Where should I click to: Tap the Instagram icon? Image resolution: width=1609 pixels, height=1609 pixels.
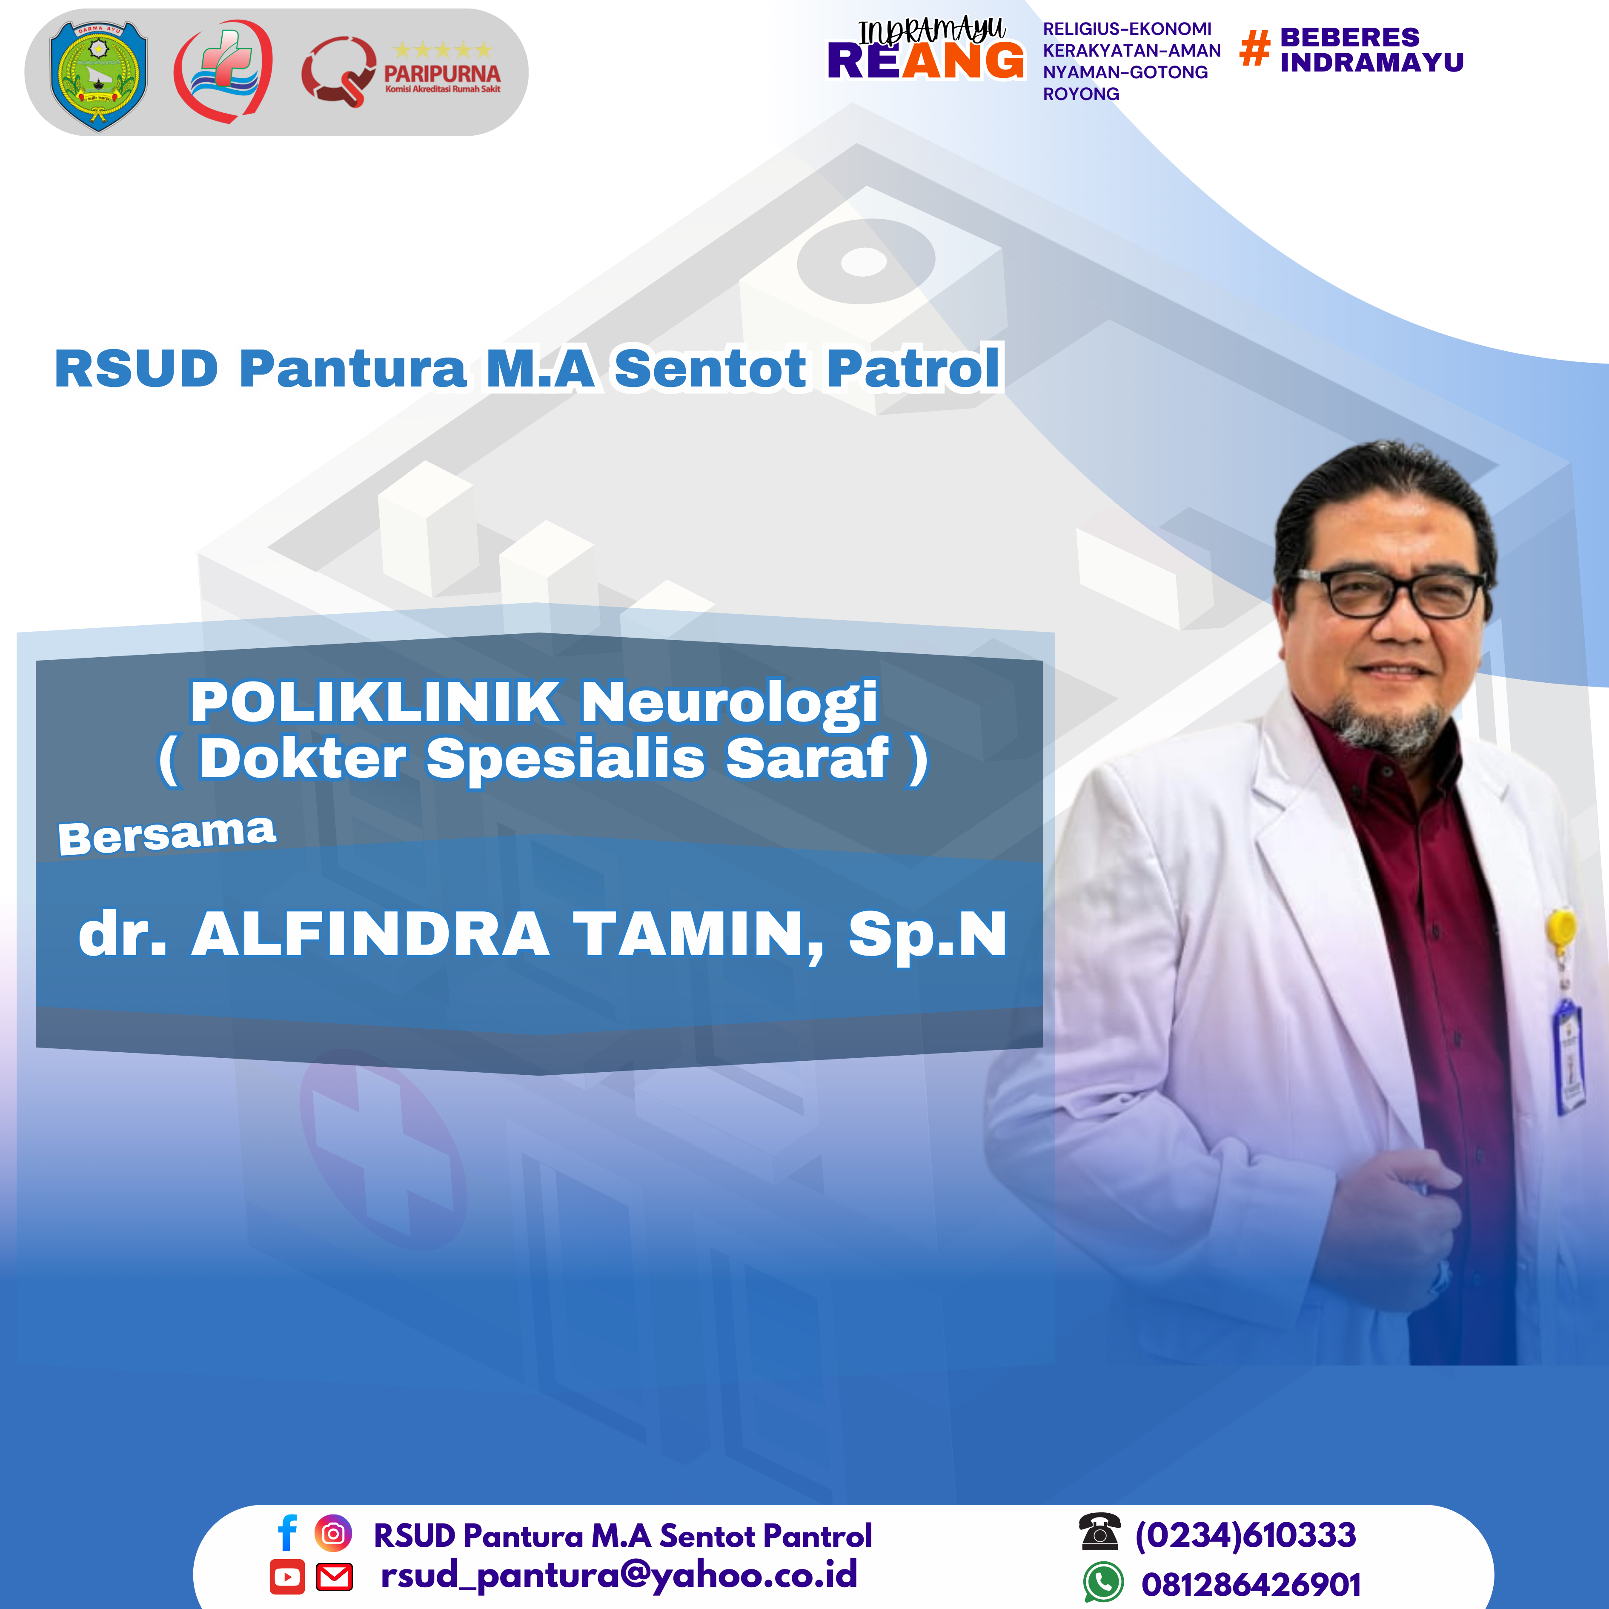[x=333, y=1533]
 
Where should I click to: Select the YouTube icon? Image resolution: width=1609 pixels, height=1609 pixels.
[x=287, y=1577]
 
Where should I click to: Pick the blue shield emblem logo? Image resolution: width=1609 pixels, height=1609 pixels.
[x=98, y=76]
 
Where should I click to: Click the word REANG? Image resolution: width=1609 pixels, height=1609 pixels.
[x=925, y=61]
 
